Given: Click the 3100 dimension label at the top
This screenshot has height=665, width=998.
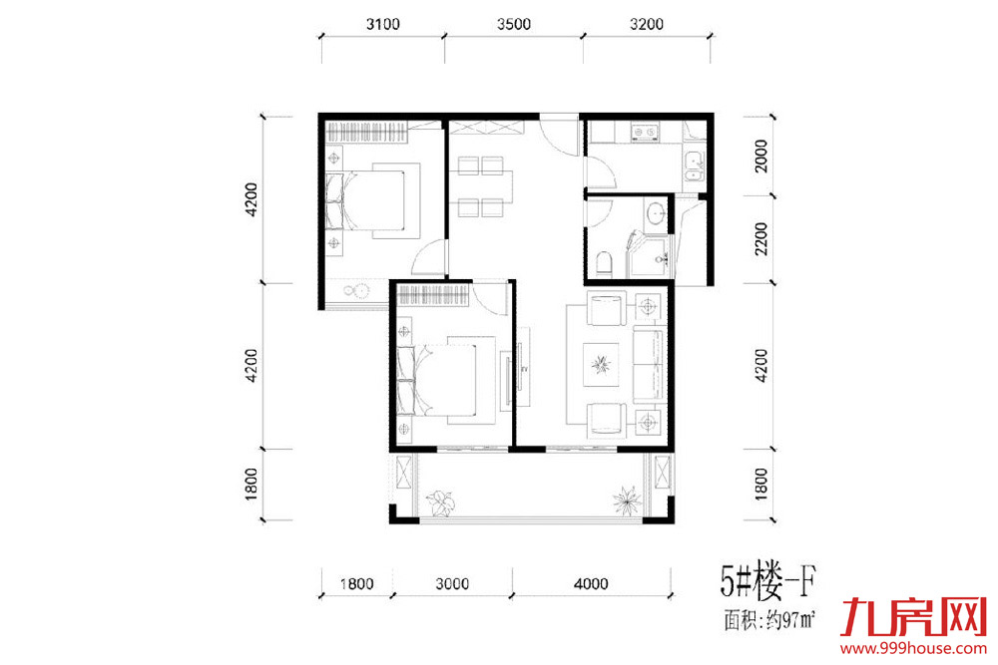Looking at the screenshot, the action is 382,24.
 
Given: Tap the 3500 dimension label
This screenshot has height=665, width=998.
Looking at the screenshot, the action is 514,24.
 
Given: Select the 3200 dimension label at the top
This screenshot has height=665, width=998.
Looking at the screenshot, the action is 647,24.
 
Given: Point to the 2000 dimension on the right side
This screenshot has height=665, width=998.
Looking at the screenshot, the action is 760,157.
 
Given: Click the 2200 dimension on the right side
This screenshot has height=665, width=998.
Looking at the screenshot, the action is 760,238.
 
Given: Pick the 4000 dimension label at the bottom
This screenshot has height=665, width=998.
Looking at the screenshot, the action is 591,583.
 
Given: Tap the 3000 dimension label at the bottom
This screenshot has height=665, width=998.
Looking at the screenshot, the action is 452,583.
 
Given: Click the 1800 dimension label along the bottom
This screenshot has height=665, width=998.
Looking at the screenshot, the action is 356,583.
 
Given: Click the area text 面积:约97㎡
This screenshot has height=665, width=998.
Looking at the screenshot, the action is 770,619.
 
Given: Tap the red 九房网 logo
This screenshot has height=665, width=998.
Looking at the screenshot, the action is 913,617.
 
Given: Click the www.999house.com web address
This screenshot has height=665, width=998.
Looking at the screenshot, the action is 913,648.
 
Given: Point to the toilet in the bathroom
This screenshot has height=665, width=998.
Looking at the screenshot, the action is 604,263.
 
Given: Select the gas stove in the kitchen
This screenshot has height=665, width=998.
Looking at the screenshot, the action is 646,133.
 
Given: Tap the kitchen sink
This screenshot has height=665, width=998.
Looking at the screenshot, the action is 694,166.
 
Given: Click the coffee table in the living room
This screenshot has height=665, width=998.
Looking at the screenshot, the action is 601,364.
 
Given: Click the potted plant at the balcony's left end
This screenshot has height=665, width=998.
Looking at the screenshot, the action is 441,501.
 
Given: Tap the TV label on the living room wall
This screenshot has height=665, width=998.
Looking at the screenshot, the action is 525,369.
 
